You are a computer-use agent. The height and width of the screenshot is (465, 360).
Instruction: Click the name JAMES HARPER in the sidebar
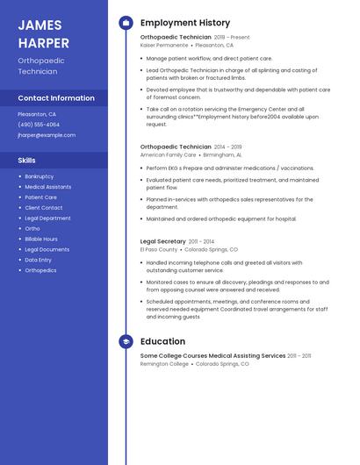[43, 32]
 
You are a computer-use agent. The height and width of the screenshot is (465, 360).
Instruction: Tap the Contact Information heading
[56, 98]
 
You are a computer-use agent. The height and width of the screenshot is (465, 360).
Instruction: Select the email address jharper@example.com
[47, 135]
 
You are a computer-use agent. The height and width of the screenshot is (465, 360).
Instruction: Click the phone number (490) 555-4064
[39, 125]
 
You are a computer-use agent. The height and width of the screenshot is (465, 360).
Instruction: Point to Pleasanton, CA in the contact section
[37, 114]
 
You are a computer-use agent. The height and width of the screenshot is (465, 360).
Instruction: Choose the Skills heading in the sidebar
[27, 161]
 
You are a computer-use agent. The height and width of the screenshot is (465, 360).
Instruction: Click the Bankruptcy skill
[39, 176]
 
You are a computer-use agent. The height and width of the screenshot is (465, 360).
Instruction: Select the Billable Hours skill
[41, 239]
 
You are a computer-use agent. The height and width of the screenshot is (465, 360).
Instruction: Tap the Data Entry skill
[38, 260]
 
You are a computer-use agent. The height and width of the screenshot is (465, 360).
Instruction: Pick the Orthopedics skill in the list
[40, 270]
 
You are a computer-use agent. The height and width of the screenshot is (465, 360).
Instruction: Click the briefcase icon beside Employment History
[126, 23]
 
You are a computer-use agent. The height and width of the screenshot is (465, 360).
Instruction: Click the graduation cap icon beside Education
[126, 341]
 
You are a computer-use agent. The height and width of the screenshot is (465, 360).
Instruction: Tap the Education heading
[162, 341]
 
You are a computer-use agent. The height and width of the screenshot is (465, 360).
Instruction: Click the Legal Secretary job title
[163, 241]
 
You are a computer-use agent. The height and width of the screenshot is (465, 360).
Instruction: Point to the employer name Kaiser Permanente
[164, 45]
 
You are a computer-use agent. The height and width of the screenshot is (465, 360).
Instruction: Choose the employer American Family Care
[168, 154]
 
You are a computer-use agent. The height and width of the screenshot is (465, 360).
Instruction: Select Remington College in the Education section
[164, 363]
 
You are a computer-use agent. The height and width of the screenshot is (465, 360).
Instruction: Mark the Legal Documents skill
[47, 249]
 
